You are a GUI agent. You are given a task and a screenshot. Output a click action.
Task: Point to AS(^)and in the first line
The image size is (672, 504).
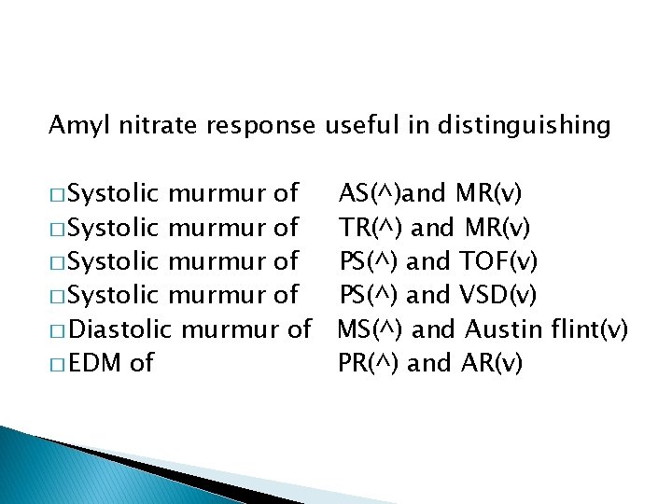(392, 193)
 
